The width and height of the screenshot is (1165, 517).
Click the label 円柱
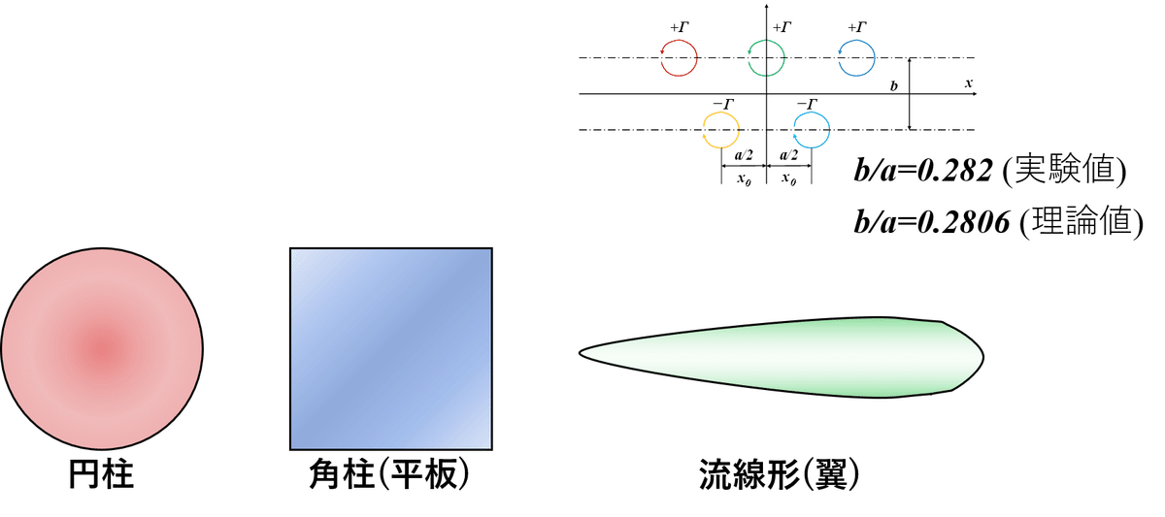(x=102, y=475)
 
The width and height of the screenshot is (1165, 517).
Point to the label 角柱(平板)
(x=389, y=475)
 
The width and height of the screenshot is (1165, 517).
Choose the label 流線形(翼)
(x=782, y=475)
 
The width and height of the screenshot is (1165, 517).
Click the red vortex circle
(x=680, y=58)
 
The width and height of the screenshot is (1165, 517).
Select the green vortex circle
(x=767, y=58)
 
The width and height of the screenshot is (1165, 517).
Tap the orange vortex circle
(x=721, y=129)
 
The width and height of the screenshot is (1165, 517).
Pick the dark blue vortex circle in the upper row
(x=856, y=58)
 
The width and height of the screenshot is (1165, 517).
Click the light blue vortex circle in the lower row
(x=811, y=129)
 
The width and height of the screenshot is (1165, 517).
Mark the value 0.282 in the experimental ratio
(x=956, y=172)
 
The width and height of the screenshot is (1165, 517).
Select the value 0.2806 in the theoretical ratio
(x=964, y=223)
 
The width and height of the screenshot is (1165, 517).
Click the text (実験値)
(x=1065, y=172)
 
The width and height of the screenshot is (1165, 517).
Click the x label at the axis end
(x=968, y=84)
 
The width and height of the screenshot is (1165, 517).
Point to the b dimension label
(x=894, y=86)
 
